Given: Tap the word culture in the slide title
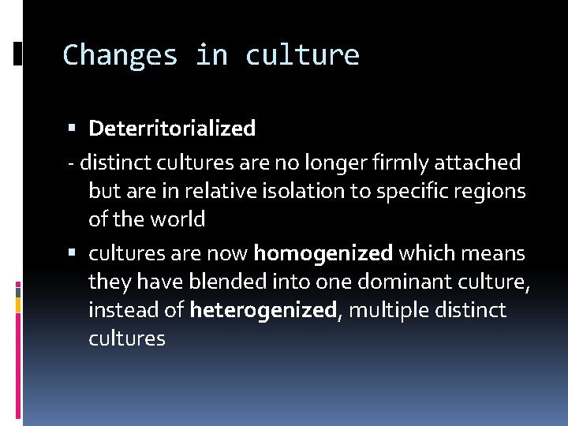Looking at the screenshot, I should [x=302, y=55].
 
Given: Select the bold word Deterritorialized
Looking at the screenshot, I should [x=172, y=128].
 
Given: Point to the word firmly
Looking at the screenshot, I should [x=400, y=163].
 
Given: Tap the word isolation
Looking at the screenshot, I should [x=304, y=191].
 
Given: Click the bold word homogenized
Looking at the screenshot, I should [x=323, y=254].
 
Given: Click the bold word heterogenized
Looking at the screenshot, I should [x=263, y=311].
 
